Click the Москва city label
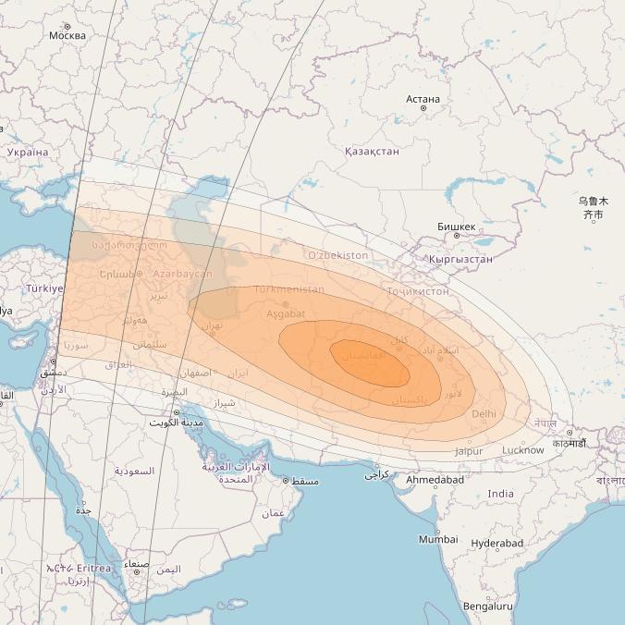click(67, 36)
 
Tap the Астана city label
click(423, 99)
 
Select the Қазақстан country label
click(372, 151)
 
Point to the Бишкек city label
click(457, 227)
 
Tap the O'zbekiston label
click(337, 255)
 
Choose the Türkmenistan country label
click(288, 289)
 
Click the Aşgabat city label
click(286, 314)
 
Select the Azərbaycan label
click(182, 274)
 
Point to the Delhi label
click(484, 414)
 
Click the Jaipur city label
click(469, 451)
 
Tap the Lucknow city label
click(522, 450)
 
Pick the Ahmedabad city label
click(435, 480)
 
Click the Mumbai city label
click(437, 539)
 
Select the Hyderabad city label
click(496, 544)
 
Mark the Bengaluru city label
click(487, 607)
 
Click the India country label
click(500, 494)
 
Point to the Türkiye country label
click(44, 288)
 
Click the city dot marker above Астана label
click(423, 108)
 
